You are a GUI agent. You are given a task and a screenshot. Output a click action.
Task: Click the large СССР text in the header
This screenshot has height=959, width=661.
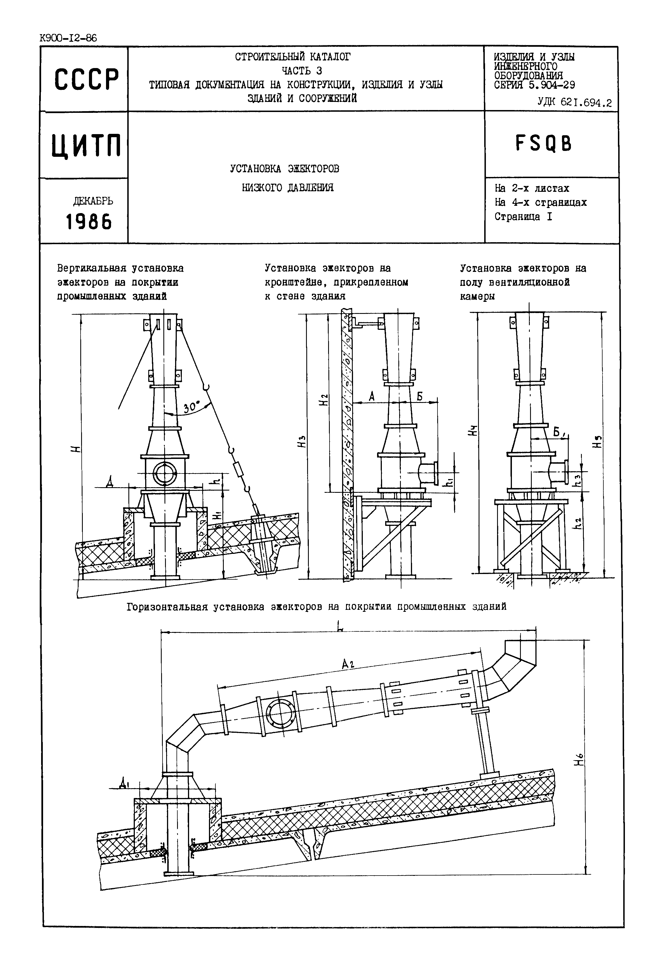(86, 79)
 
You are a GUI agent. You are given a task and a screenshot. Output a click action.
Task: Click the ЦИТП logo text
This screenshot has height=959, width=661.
(86, 146)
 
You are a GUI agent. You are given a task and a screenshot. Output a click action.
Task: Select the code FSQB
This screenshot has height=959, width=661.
(544, 144)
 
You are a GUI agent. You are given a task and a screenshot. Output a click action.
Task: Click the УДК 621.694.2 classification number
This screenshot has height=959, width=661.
(574, 102)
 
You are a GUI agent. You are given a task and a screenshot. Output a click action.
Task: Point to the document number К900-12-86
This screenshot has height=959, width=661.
(68, 39)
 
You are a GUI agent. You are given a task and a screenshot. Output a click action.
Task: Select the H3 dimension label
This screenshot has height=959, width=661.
(303, 442)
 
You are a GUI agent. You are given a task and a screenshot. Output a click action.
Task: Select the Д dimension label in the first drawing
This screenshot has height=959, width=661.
(109, 482)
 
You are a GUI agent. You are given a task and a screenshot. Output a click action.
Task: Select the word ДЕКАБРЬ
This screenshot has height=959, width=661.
(93, 201)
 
